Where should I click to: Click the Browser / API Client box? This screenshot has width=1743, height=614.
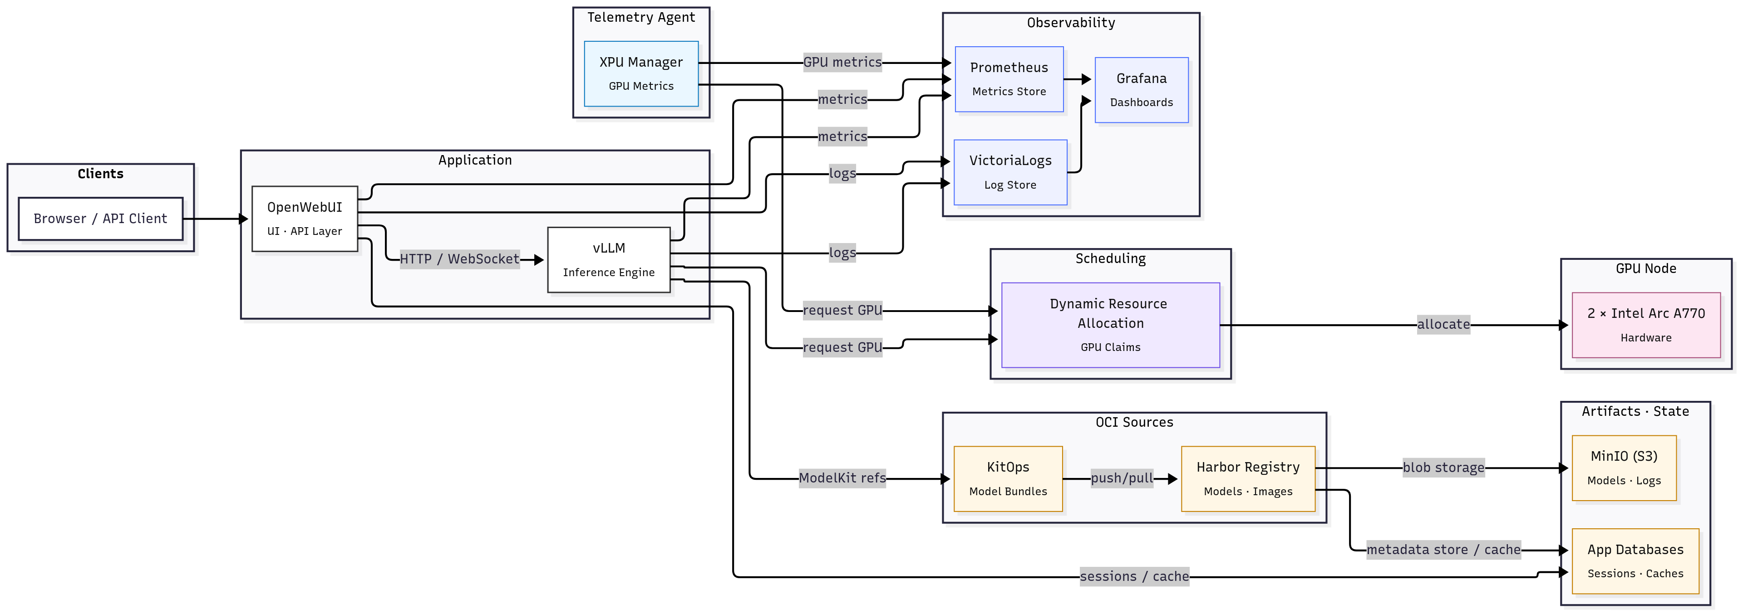point(100,219)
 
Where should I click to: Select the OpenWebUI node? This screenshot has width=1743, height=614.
point(305,219)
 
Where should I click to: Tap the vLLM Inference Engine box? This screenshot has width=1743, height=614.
point(608,260)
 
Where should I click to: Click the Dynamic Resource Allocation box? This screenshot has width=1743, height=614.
point(1110,325)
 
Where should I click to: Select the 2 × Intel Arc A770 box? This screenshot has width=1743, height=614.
point(1645,325)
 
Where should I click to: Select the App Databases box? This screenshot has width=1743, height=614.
point(1635,560)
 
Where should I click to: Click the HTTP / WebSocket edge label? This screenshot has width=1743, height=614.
point(459,259)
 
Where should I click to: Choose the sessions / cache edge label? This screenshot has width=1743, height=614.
point(1134,576)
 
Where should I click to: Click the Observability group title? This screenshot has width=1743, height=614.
point(1070,23)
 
